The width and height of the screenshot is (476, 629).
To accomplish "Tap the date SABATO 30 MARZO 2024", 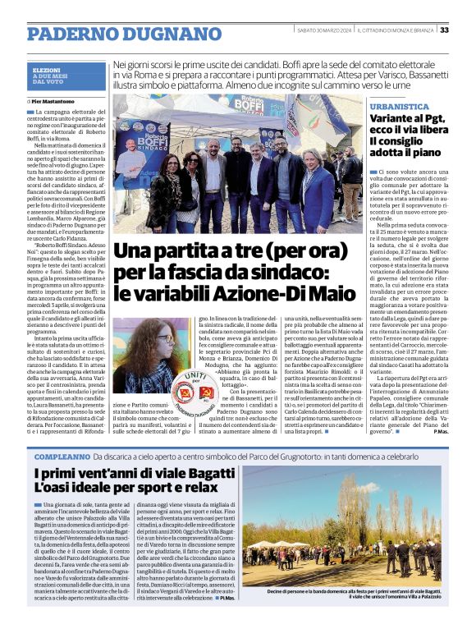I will pos(324,30).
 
